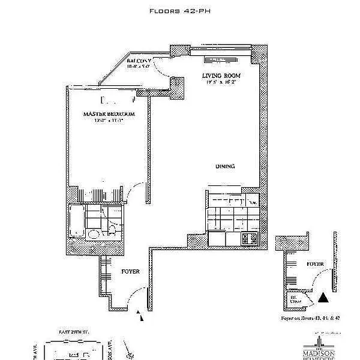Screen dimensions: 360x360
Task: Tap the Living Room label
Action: point(220,76)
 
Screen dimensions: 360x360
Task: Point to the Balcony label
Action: point(139,61)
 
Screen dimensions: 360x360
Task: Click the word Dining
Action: point(225,167)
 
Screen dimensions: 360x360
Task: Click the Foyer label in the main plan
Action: point(130,272)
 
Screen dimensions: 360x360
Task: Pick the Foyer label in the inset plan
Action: point(315,264)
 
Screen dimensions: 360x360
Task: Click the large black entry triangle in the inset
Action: point(323,296)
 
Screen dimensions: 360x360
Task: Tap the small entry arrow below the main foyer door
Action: point(141,317)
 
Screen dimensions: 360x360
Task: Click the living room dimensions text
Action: point(220,83)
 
